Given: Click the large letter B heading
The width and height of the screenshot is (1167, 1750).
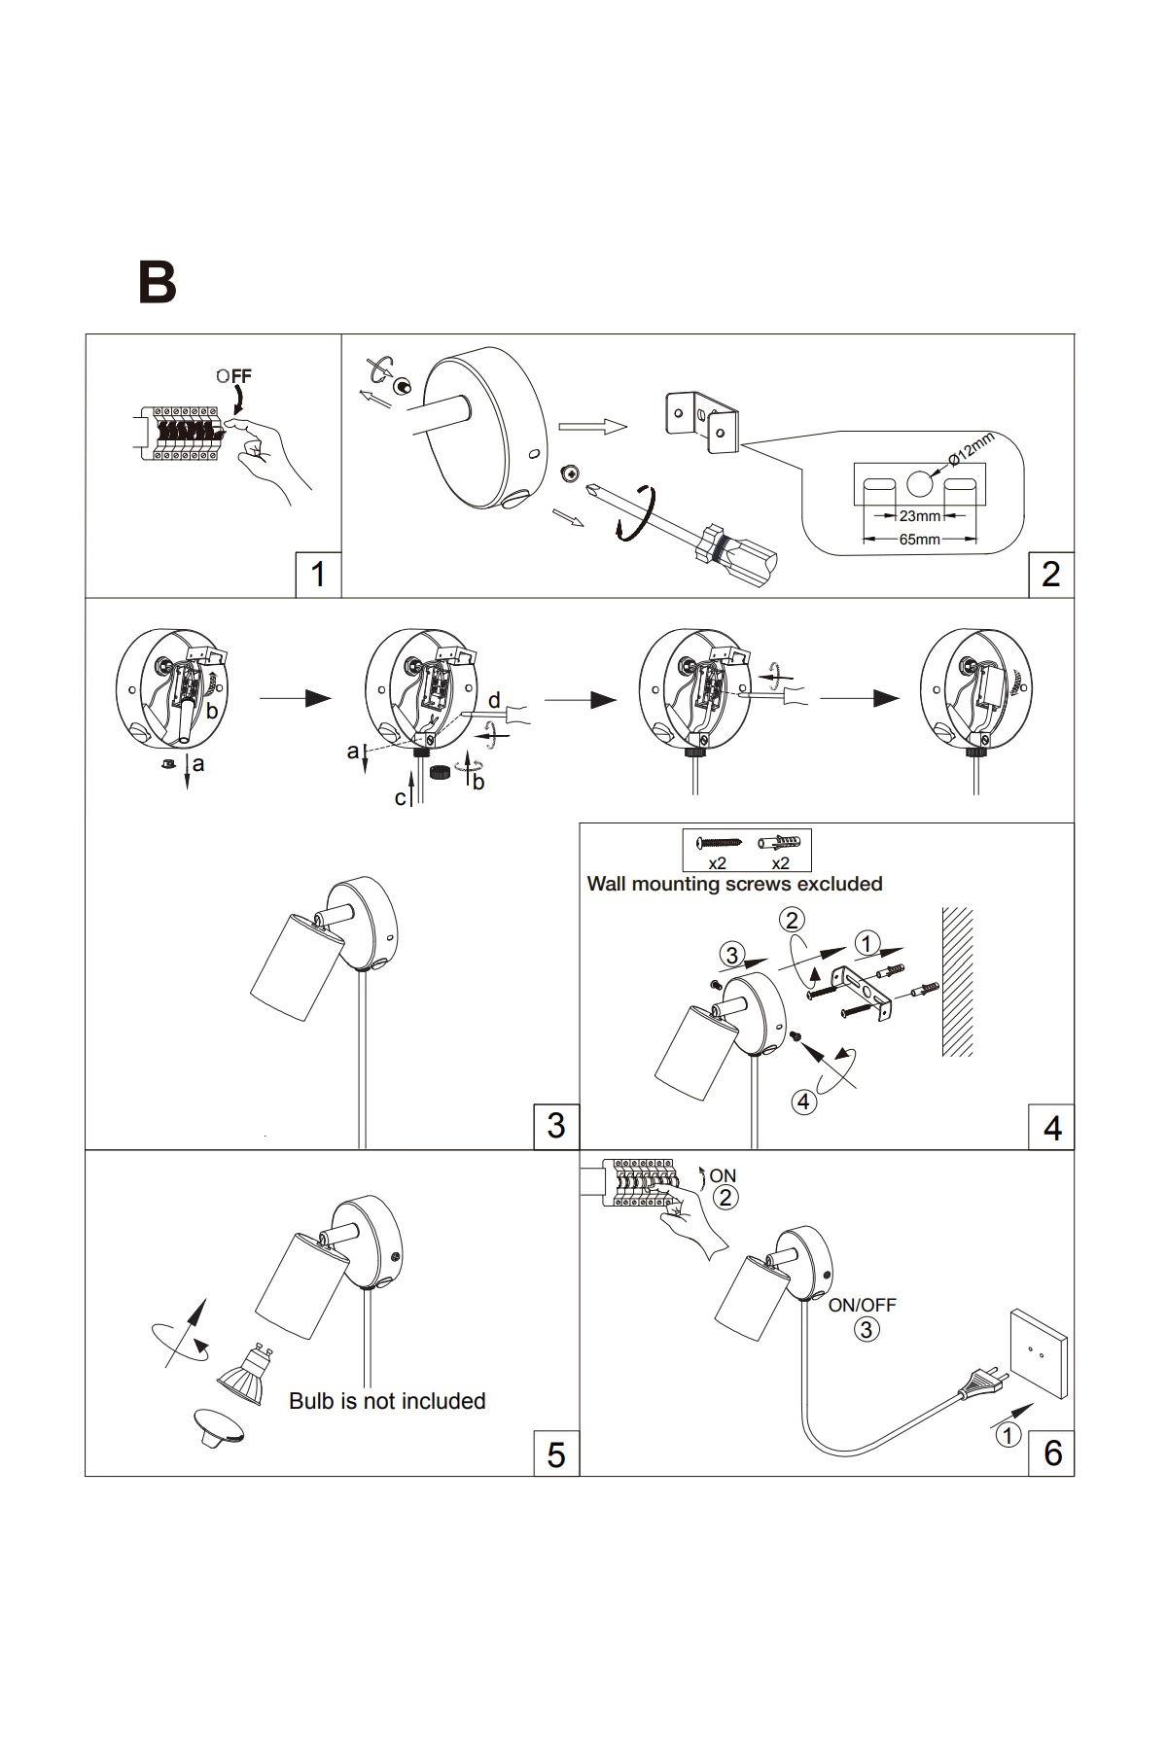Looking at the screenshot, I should coord(158,282).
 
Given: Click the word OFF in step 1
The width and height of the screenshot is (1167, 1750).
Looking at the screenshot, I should coord(234,375).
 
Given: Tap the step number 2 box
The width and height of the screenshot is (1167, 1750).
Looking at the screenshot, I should coord(1050,574).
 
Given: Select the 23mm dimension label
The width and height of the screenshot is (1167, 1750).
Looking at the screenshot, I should coord(919,516).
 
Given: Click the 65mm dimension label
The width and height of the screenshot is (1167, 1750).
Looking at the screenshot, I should coord(919,539).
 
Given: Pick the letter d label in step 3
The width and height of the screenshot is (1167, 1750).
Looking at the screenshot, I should coord(494,700).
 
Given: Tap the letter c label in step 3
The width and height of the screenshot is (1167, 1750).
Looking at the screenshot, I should coord(400,798).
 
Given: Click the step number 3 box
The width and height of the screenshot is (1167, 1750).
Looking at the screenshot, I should coord(556,1125).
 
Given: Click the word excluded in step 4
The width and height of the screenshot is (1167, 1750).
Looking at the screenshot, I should coord(839,884).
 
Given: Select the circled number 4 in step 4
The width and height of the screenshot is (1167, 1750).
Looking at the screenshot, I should coord(803,1102).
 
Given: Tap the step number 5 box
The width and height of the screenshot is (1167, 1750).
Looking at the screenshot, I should coord(556,1454).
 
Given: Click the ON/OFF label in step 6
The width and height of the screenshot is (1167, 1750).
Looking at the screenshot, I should coord(863,1305).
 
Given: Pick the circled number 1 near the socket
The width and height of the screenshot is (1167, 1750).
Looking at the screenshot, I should coord(1008,1435).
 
